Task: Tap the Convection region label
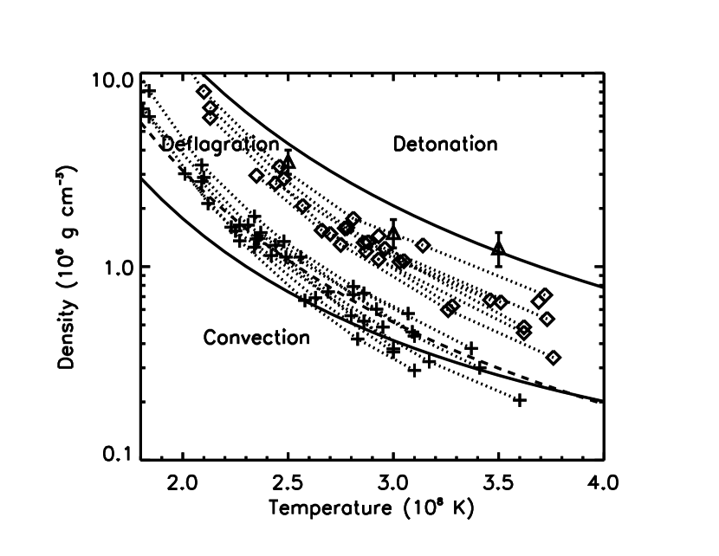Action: pyautogui.click(x=256, y=338)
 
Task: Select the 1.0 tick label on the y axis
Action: pyautogui.click(x=112, y=267)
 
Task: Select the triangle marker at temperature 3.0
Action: pyautogui.click(x=393, y=232)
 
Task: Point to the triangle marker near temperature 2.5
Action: pyautogui.click(x=289, y=160)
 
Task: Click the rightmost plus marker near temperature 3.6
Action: pyautogui.click(x=520, y=400)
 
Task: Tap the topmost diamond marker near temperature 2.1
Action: pyautogui.click(x=204, y=92)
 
